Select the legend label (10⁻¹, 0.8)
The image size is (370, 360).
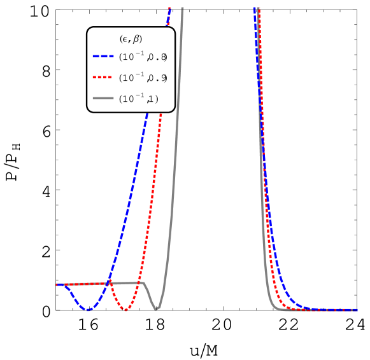143,57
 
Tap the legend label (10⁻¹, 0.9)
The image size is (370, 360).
143,78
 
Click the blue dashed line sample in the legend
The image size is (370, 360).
103,57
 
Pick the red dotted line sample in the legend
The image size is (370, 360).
103,78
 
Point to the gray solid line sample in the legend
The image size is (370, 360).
103,99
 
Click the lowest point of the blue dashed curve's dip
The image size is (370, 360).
89,310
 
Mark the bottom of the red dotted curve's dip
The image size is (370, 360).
126,310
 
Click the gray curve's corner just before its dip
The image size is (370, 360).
143,282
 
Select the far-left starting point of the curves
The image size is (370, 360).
57,284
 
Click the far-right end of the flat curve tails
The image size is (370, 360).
357,310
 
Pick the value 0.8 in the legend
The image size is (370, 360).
158,57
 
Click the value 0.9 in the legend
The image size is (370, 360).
158,78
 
